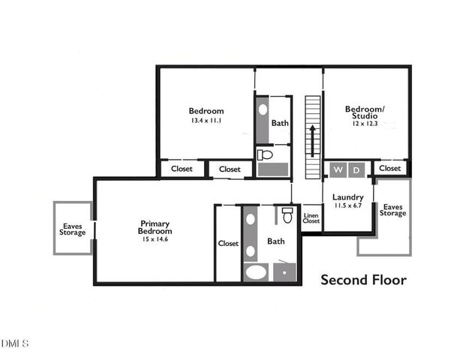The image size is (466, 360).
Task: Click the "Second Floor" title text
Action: tap(364, 280)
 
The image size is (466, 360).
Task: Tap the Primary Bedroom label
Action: tap(155, 227)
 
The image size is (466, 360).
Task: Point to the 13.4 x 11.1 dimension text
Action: tap(206, 120)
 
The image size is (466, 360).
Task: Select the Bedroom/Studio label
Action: tap(365, 112)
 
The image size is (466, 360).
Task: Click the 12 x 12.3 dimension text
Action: tap(365, 123)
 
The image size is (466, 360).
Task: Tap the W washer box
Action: tap(338, 169)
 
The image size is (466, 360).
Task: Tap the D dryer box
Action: tap(357, 169)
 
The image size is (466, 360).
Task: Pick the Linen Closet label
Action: tap(311, 219)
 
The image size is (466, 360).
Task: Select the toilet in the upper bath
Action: tap(265, 155)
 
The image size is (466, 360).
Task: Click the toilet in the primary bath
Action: tap(287, 216)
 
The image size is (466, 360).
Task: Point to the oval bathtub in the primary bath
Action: tap(257, 271)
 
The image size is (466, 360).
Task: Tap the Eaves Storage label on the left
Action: tap(73, 228)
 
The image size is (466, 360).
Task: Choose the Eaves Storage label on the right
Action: tap(393, 209)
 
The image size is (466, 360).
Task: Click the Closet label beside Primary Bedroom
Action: tap(228, 244)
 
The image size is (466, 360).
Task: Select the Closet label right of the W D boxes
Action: tap(389, 169)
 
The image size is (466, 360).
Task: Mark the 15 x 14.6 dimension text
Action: tap(155, 239)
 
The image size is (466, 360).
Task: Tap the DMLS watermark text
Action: tap(15, 343)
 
